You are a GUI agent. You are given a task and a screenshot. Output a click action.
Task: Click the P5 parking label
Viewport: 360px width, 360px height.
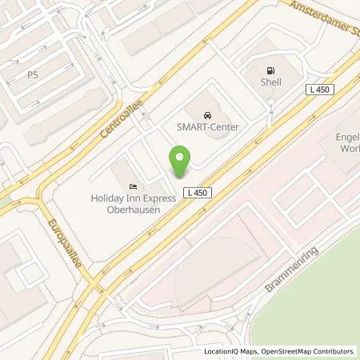click(33, 74)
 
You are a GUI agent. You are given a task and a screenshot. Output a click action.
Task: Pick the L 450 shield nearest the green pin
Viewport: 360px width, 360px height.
click(195, 194)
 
